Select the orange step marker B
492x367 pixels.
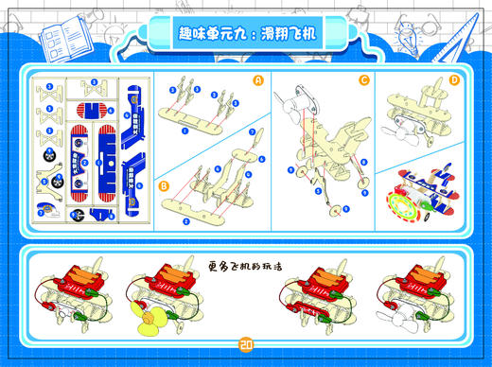(x=165, y=185)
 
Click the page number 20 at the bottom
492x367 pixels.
(x=246, y=343)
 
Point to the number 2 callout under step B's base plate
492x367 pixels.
(x=185, y=219)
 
